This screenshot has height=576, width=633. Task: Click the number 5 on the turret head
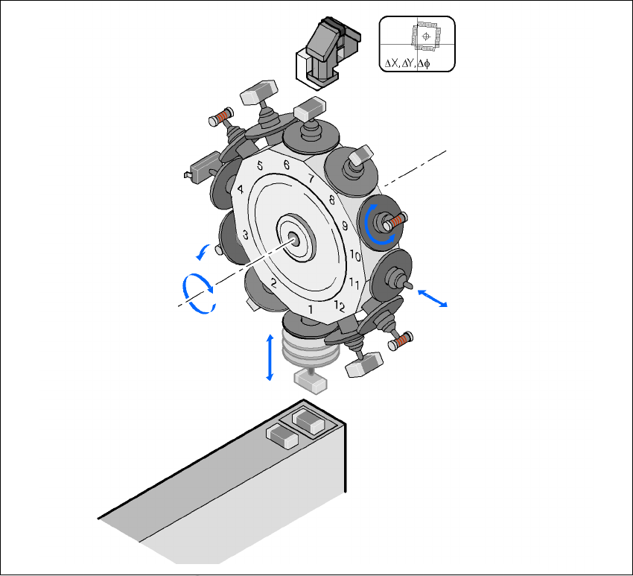pos(260,165)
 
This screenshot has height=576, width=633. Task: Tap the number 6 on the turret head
pos(287,165)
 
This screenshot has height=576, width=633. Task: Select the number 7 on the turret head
pos(311,178)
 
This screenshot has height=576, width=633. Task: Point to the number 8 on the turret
pos(332,200)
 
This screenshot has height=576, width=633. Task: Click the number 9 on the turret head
pos(345,225)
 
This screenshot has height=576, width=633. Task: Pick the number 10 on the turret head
pos(355,256)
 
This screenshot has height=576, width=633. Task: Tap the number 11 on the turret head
pos(354,282)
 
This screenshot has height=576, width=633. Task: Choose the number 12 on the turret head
pos(340,306)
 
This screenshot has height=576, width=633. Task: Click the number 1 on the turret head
pos(311,310)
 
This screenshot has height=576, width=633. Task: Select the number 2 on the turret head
pos(273,282)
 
